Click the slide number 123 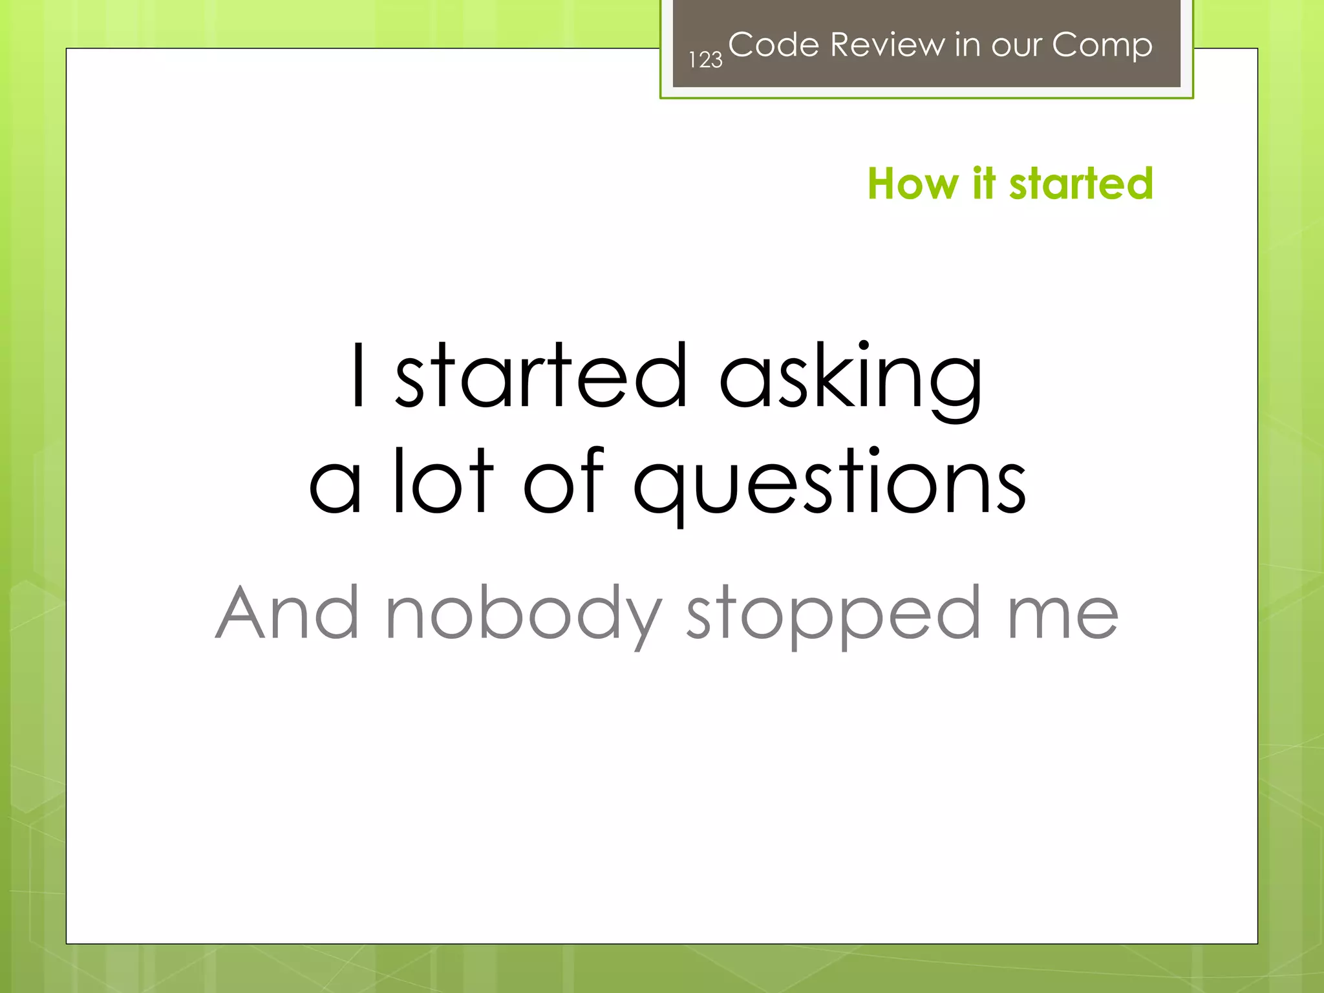705,60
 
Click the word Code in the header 774,45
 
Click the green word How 913,184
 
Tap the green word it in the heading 983,184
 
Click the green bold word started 1081,184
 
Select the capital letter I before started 359,376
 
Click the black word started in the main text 541,376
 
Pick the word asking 851,378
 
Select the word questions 829,484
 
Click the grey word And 287,612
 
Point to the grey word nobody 524,614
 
